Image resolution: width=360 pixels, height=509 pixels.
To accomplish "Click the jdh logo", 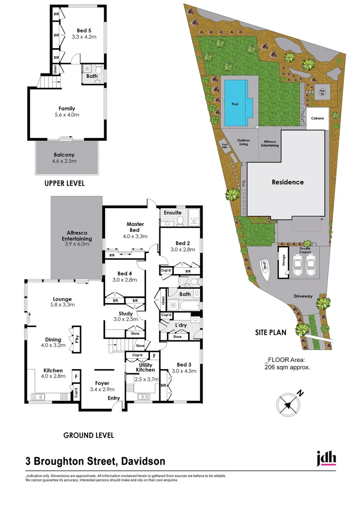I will pyautogui.click(x=326, y=458).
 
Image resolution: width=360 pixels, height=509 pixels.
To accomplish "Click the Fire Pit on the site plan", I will pyautogui.click(x=322, y=93).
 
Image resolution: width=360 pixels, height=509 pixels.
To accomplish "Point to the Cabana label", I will pyautogui.click(x=317, y=119).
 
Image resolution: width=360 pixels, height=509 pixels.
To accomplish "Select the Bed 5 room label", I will pyautogui.click(x=84, y=31).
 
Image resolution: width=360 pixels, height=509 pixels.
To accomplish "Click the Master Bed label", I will pyautogui.click(x=135, y=227).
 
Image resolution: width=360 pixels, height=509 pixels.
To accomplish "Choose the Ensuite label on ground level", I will pyautogui.click(x=172, y=213).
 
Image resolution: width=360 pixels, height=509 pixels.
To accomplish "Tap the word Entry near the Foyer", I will pyautogui.click(x=114, y=399).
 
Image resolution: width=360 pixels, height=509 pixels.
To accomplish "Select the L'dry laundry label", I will pyautogui.click(x=182, y=326).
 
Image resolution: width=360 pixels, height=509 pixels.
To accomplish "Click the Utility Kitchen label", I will pyautogui.click(x=145, y=367).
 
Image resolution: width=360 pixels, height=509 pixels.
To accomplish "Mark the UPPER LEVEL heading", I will pyautogui.click(x=65, y=183).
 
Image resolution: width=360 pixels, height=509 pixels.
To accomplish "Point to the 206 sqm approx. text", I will pyautogui.click(x=287, y=368).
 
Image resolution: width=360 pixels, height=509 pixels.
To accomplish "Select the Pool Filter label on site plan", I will pyautogui.click(x=224, y=147).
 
